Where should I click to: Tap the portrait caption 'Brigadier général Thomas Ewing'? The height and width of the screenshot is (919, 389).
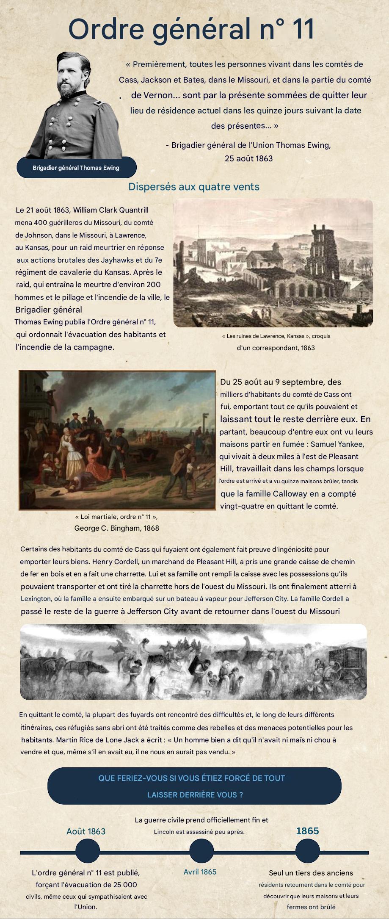click(76, 168)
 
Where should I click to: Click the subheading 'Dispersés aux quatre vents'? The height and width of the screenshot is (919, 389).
click(194, 187)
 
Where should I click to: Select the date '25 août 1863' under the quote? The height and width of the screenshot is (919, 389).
click(248, 158)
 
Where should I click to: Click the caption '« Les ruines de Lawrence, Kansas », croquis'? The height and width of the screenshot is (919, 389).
click(276, 336)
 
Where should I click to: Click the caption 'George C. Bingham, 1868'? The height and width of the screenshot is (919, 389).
click(116, 528)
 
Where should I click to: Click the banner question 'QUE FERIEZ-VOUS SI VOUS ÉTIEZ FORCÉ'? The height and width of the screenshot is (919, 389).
click(191, 778)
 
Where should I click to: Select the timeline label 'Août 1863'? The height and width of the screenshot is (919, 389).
click(86, 831)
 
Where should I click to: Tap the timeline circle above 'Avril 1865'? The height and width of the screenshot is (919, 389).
click(201, 852)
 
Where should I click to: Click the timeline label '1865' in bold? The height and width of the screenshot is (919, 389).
click(307, 831)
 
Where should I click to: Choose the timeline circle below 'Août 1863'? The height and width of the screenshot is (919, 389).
click(88, 852)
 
